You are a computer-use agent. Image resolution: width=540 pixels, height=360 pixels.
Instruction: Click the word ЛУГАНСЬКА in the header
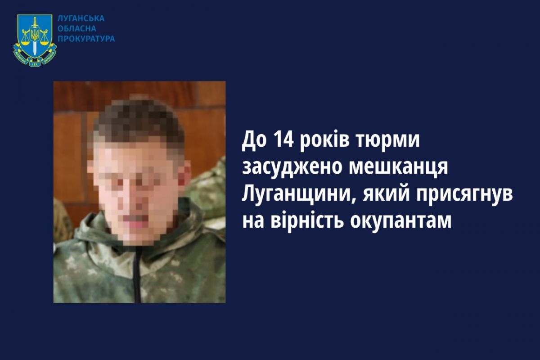coord(81,18)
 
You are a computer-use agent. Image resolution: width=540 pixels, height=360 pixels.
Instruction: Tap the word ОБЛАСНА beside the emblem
coord(77,29)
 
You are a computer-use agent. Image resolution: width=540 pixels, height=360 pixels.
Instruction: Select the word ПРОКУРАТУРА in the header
coord(86,39)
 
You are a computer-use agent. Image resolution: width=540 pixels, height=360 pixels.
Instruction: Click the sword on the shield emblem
coord(35,36)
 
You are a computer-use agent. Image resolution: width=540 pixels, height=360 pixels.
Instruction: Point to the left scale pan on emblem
coord(25,43)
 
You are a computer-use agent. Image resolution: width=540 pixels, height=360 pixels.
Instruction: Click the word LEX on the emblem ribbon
coord(35,64)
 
